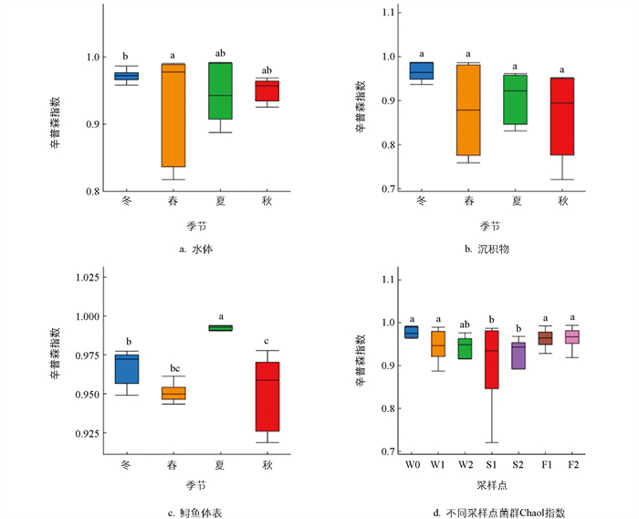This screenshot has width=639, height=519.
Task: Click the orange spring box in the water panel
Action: pos(173,115)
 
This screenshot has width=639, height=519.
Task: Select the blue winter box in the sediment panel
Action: pos(422,70)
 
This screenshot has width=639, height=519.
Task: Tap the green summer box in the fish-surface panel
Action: pos(221,327)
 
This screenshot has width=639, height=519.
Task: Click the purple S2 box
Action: pos(519,355)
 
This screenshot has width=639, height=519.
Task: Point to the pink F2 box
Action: pos(572,337)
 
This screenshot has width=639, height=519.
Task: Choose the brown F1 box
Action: pos(545,338)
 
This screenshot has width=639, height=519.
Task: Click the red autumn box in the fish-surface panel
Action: pos(268,397)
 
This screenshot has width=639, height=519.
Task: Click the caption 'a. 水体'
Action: pos(196,249)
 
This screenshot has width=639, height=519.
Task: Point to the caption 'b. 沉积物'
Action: pos(491,249)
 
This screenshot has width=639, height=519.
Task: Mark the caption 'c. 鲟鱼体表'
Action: pos(196,514)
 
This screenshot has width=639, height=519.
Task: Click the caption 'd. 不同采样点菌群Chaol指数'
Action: pos(491,514)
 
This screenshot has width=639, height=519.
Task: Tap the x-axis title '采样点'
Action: pos(491,486)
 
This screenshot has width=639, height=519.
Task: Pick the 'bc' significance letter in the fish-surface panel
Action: pos(173,370)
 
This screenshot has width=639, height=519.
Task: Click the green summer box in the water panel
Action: pos(221,90)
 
